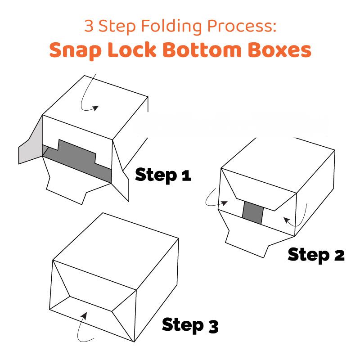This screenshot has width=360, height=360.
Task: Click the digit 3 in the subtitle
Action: tap(89, 26)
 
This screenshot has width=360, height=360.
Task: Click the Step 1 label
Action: tap(163, 174)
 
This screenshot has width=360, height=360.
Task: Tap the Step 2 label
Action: tap(316, 255)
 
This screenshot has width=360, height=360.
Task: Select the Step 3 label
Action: tap(190, 324)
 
